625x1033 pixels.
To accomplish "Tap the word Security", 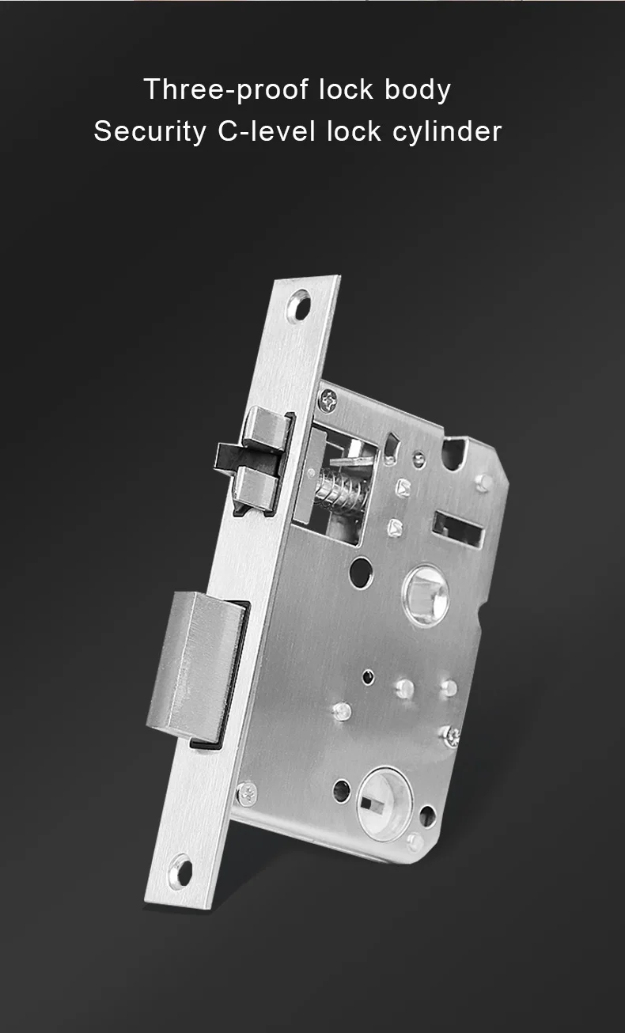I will [149, 131].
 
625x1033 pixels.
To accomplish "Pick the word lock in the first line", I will [347, 90].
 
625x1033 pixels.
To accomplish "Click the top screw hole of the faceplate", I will [299, 305].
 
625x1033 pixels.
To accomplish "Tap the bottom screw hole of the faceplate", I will [181, 871].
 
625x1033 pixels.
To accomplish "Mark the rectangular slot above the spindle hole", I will [457, 528].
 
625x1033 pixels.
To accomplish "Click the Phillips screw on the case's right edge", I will [453, 735].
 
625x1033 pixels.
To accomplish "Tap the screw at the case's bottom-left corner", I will [247, 790].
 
